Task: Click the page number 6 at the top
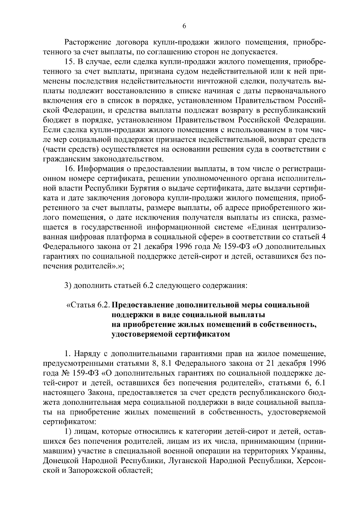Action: [184, 26]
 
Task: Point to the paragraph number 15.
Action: [70, 62]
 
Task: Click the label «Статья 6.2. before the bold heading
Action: [88, 305]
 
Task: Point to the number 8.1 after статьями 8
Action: [166, 364]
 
